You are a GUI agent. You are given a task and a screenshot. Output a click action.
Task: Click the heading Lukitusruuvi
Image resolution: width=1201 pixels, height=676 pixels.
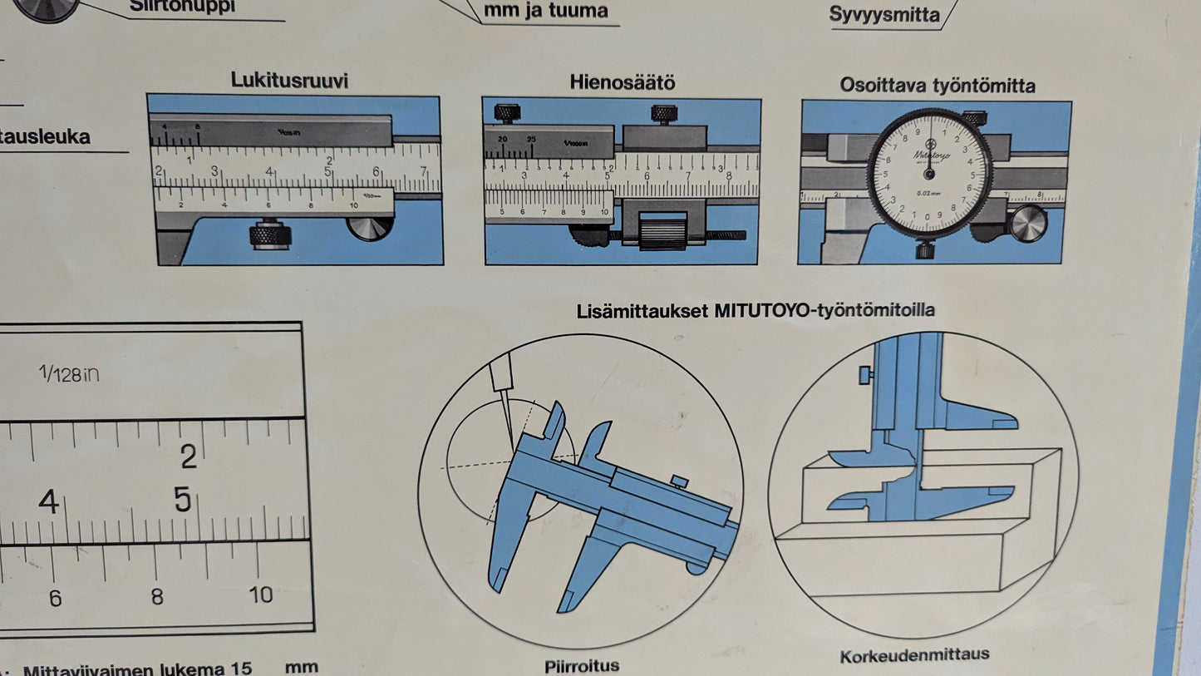click(x=289, y=81)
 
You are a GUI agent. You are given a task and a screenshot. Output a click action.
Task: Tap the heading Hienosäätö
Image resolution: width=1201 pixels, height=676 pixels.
click(x=622, y=82)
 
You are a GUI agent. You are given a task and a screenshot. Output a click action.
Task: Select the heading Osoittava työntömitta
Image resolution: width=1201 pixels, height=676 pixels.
click(x=937, y=85)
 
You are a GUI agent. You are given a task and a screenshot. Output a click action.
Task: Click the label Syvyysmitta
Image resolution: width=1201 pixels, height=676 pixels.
click(x=884, y=15)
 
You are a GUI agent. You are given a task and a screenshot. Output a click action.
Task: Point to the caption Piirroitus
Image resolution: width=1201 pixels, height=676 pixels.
click(x=582, y=665)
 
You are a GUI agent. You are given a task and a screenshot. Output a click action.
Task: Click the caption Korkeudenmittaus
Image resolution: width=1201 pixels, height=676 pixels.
click(x=914, y=654)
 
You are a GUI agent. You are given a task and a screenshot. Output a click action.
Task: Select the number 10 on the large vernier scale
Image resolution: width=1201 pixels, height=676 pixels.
click(x=260, y=595)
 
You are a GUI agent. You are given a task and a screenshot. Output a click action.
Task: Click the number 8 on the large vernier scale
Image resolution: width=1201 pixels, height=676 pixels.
click(x=157, y=596)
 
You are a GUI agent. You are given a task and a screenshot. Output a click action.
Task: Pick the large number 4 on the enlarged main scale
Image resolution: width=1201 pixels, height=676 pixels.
click(x=48, y=502)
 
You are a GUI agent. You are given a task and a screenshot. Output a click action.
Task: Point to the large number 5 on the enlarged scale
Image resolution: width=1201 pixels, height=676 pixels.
click(x=183, y=500)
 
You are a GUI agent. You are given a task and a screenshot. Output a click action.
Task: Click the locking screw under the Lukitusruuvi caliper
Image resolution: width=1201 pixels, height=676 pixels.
click(x=270, y=234)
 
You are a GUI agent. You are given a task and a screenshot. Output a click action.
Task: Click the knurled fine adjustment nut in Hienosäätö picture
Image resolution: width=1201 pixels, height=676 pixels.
click(x=662, y=230)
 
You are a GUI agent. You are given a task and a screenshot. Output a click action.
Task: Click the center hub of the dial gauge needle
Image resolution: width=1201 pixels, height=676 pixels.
click(x=929, y=174)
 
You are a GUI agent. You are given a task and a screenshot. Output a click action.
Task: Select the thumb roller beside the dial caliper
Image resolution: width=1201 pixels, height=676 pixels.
click(x=1028, y=223)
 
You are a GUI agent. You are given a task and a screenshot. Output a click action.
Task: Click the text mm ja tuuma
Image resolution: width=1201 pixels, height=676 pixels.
click(x=545, y=11)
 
